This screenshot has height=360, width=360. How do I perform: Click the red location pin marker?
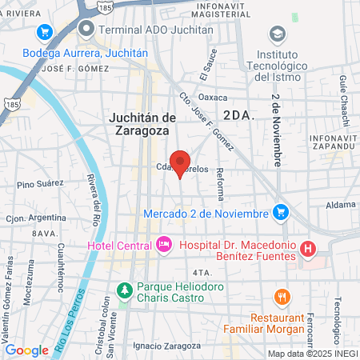point(180,162)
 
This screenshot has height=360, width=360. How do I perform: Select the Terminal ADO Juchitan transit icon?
point(86,30)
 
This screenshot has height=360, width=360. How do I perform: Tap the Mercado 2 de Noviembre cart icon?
point(280,212)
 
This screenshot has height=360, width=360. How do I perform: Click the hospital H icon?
point(308,249)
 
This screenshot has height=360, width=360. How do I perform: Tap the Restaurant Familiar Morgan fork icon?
point(282,297)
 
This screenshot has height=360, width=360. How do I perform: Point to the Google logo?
point(26,350)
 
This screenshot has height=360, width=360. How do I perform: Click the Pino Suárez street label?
point(39,185)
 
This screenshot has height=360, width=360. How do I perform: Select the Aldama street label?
point(341,206)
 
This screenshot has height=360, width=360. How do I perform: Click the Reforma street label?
point(220,182)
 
